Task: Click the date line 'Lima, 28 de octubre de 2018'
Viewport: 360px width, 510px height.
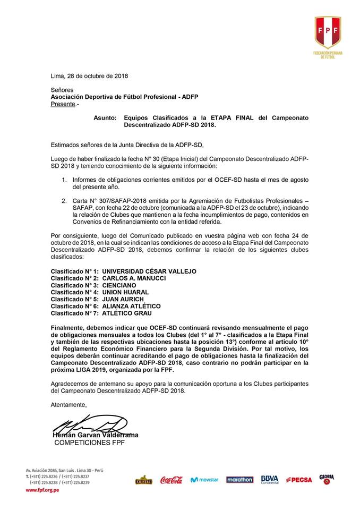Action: click(x=89, y=76)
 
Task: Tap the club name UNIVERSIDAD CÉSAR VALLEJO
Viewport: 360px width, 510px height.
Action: click(x=149, y=271)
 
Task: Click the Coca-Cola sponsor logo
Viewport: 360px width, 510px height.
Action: click(x=171, y=480)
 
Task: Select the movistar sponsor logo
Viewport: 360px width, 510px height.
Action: click(x=204, y=480)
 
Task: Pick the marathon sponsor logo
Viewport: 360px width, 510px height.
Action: click(x=239, y=480)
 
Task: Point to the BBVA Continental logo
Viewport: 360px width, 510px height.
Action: click(x=269, y=480)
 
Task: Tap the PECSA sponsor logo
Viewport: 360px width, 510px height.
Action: click(x=298, y=480)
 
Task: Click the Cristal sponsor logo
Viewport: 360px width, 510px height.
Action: click(x=143, y=480)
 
